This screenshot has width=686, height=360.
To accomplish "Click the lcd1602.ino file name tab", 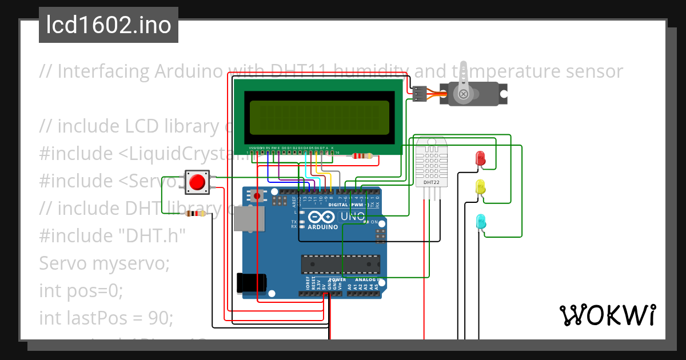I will (109, 25).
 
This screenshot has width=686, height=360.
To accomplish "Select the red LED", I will (480, 158).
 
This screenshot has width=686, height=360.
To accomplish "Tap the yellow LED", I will (480, 187).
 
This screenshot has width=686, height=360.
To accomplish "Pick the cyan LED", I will (481, 221).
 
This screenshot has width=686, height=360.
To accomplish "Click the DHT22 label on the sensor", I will (431, 183).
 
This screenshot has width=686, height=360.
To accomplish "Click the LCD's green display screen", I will (317, 117).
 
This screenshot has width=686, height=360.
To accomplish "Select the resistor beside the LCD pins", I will (362, 155).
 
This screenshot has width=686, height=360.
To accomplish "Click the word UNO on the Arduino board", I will (353, 217).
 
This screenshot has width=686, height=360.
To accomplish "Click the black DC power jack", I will (252, 283).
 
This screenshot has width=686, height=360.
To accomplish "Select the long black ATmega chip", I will (341, 264).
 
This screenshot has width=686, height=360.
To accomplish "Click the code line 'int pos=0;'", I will (81, 290).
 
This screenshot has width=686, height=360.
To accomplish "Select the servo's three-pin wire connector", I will (420, 94).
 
